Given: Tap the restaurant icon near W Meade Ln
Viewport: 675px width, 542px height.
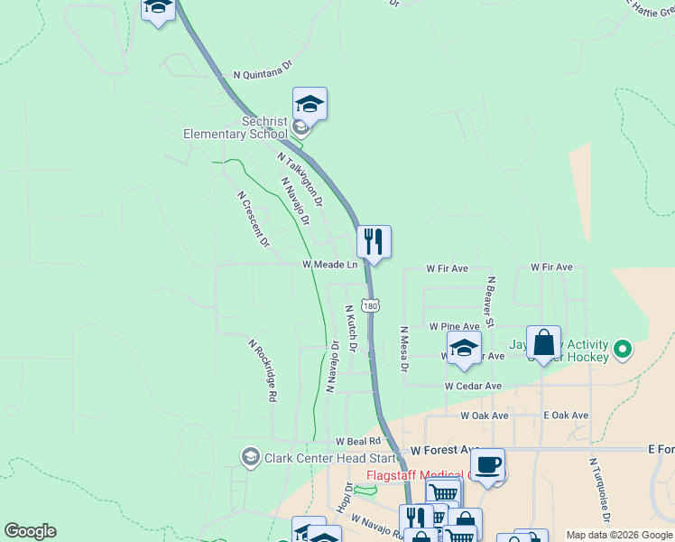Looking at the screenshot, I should [374, 242].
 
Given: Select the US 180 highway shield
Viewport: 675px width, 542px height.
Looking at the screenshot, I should [370, 305].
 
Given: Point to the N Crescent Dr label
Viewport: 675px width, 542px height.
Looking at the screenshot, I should [254, 219].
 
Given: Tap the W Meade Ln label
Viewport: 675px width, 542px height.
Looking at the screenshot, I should [329, 265].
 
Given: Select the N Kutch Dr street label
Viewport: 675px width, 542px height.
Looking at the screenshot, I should [352, 328].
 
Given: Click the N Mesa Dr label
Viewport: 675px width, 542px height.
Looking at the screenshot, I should [404, 350].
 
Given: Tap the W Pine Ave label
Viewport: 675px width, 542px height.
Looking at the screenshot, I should [454, 326].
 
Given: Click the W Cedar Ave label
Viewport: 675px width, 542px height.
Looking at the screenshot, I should [473, 386].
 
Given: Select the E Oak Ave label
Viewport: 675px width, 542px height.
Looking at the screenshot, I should [566, 416].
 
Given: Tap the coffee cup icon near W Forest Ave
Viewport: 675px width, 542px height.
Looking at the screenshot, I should [487, 465].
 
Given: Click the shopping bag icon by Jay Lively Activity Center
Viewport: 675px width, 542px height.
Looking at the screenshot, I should [543, 343].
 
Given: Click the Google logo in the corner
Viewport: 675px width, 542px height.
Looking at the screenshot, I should [30, 531].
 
